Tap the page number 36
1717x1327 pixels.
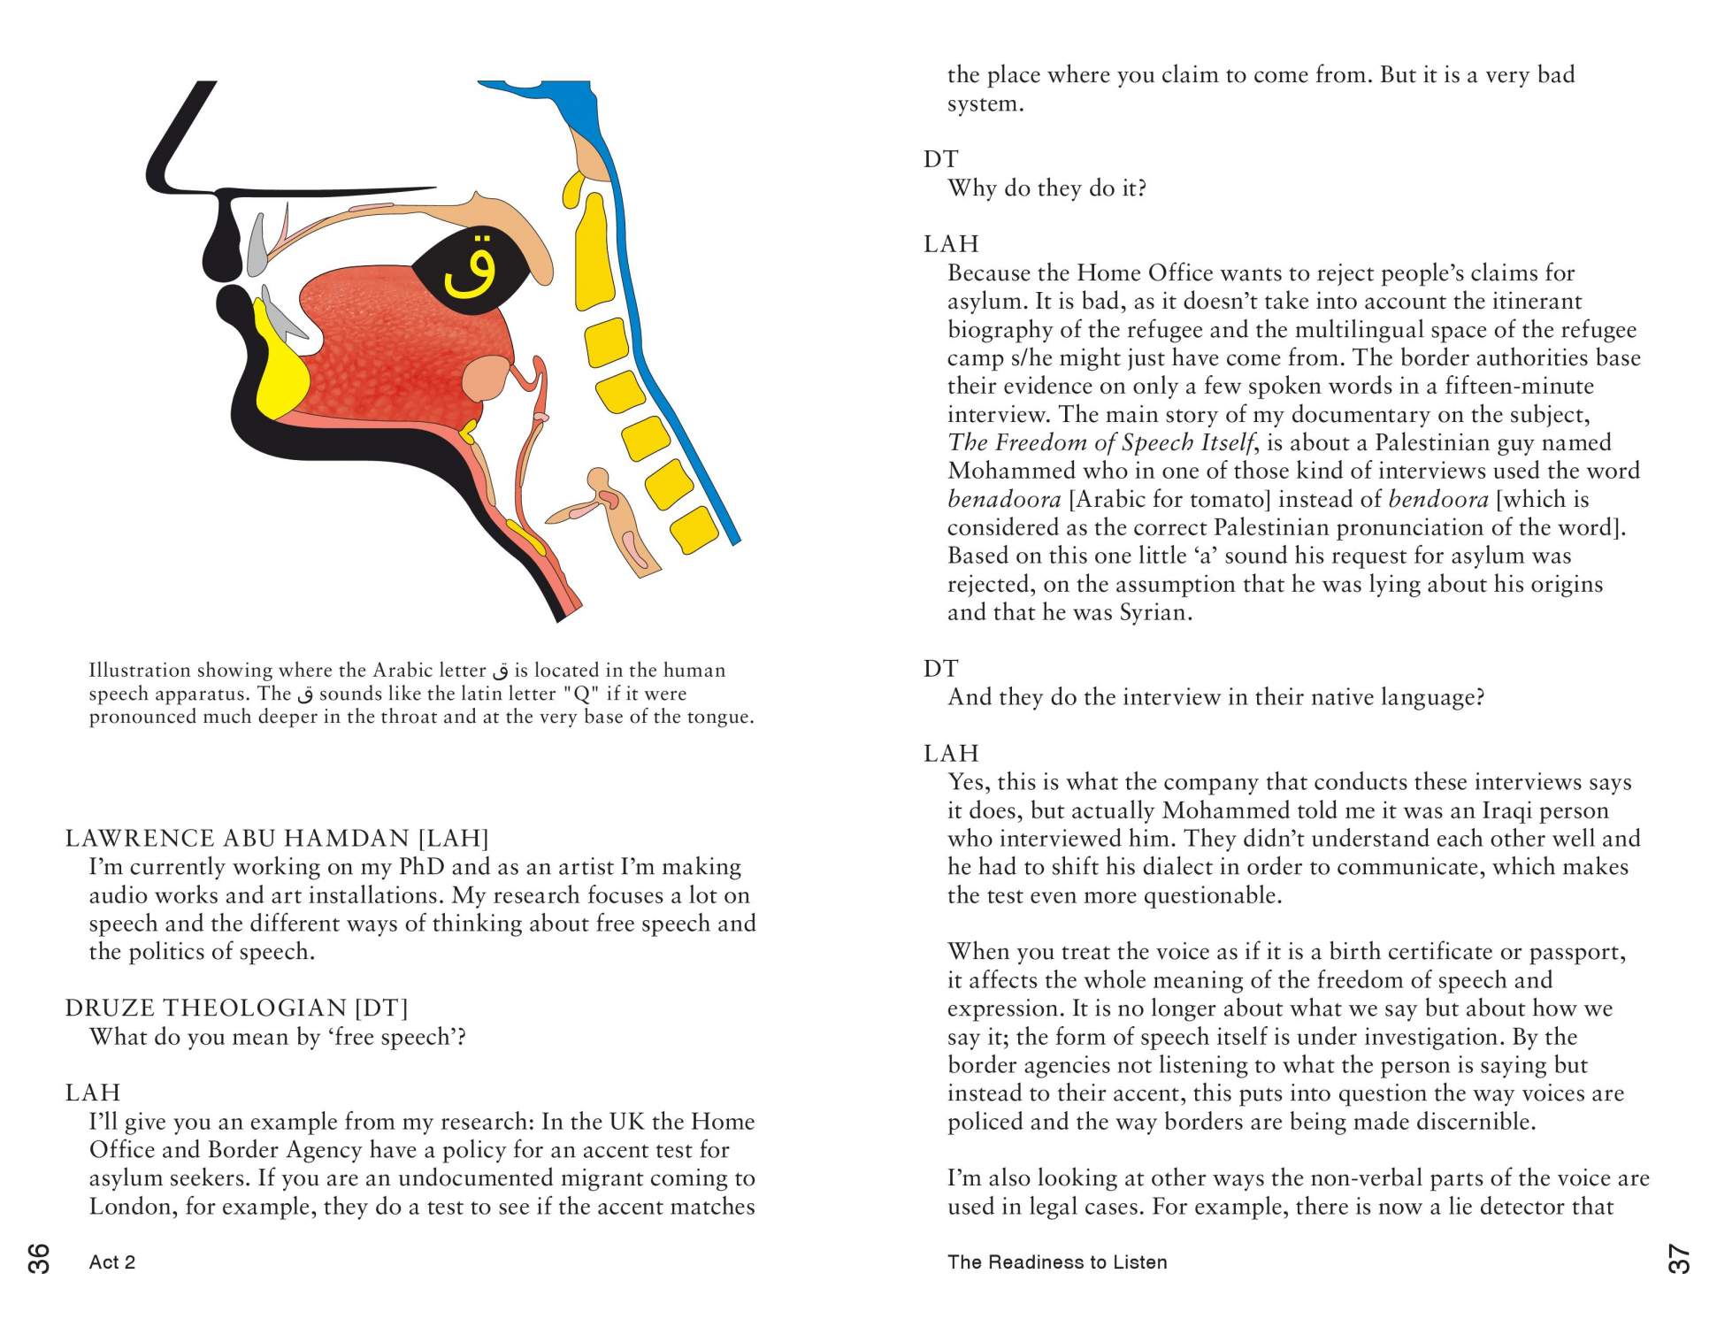click(x=40, y=1257)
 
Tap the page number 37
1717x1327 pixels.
click(x=1677, y=1258)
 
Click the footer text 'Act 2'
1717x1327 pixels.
click(x=112, y=1262)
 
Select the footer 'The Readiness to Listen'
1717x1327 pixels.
click(x=1056, y=1262)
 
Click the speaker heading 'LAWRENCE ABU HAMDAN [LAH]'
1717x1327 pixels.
click(x=277, y=838)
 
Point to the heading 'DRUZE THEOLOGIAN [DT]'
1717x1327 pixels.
click(x=236, y=1008)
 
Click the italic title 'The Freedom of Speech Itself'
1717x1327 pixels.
click(x=1100, y=442)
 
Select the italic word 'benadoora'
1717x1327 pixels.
click(x=1004, y=499)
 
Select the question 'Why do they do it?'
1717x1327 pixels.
click(x=1046, y=188)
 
